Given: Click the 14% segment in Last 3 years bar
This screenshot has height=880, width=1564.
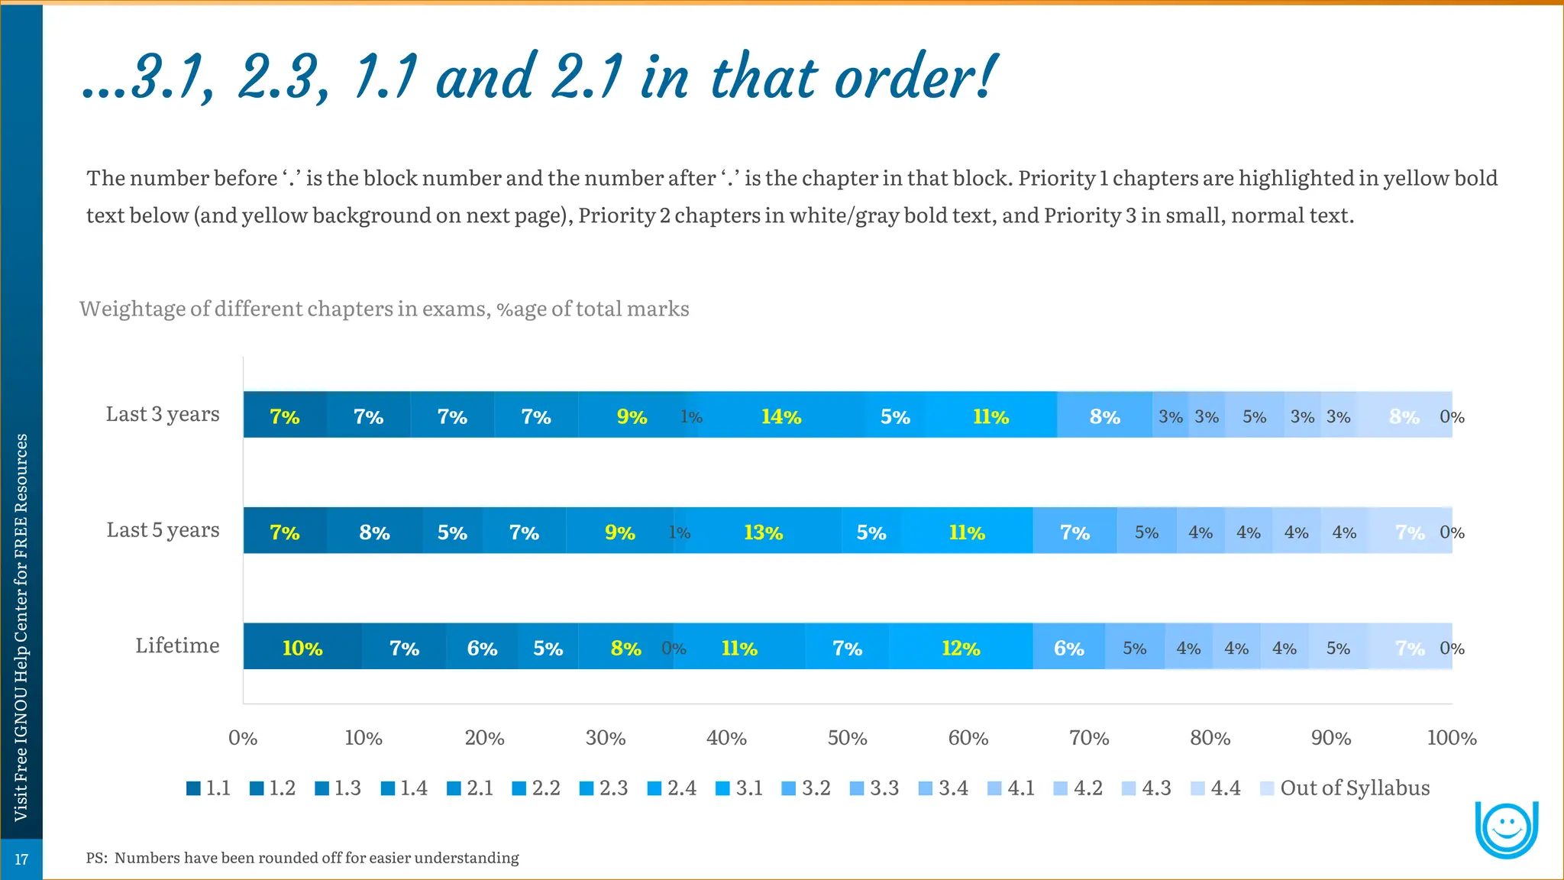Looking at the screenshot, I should [x=781, y=416].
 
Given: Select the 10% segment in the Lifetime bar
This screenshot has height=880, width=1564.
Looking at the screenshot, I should [x=302, y=648].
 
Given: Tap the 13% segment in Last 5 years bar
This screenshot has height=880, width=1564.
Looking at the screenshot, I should [x=763, y=532].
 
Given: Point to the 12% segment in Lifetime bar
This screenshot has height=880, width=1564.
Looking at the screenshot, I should [x=960, y=648].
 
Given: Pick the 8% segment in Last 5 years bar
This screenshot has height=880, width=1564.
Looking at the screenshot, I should [x=374, y=532].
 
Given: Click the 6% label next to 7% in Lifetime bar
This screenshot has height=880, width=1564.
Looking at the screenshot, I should [x=482, y=648].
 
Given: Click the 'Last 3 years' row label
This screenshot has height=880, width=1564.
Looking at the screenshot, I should [x=163, y=414].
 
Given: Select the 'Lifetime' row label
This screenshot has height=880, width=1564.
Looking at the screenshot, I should [x=177, y=645].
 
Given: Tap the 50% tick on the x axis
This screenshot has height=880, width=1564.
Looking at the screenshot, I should [x=847, y=738].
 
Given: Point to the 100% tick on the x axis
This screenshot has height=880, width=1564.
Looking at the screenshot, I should [x=1451, y=738].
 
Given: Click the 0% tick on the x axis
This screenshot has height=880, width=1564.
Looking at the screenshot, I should [x=243, y=738].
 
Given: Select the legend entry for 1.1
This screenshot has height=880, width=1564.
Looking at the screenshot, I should [x=208, y=788].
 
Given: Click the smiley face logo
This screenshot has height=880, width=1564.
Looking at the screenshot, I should [x=1506, y=829].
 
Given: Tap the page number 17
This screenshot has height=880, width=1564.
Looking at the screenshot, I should [x=21, y=859].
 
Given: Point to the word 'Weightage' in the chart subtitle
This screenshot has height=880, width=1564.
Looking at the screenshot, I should [x=132, y=309].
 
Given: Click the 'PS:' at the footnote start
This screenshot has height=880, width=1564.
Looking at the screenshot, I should [x=96, y=858].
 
